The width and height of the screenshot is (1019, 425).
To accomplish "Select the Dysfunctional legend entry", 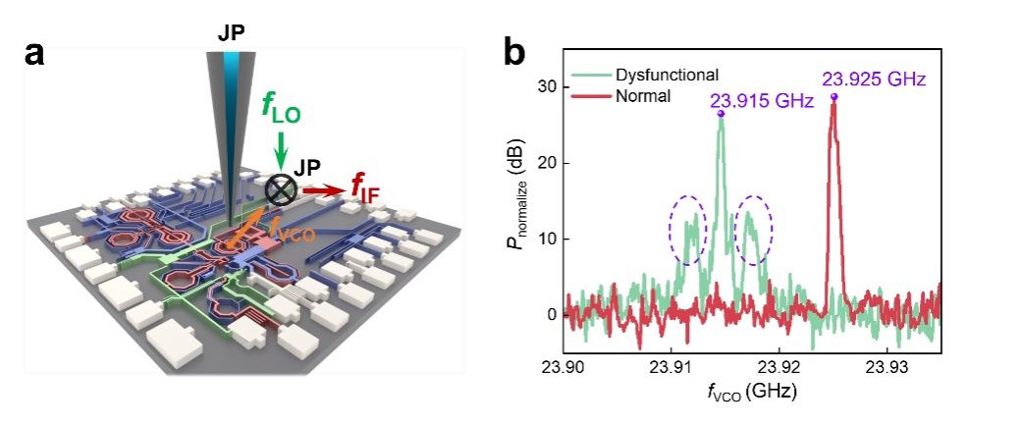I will [667, 75].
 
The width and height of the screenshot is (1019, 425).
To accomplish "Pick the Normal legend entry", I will [642, 96].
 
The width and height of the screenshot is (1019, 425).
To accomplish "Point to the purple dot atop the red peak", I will [834, 96].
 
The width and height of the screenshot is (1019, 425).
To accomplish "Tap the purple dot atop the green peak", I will [721, 114].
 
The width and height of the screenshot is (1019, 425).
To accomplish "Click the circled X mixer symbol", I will [282, 188].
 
